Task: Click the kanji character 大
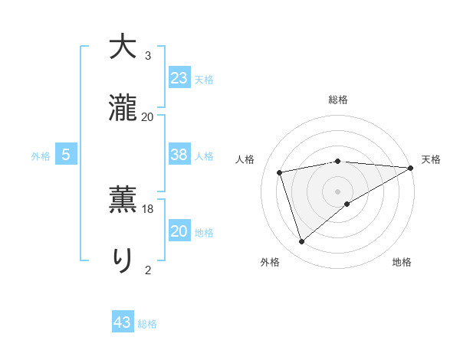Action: tap(123, 47)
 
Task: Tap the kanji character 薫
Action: tap(123, 198)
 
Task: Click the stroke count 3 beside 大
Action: tap(148, 57)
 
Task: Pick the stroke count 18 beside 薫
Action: tap(148, 208)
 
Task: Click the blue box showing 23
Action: tap(179, 77)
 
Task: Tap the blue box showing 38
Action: tap(179, 154)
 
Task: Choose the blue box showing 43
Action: tap(123, 322)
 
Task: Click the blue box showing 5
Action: tap(66, 155)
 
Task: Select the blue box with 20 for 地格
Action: tap(179, 231)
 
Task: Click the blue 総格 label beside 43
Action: tap(147, 324)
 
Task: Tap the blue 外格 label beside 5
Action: tap(41, 156)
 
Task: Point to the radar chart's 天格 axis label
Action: tap(431, 159)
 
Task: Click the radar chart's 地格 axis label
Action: tap(402, 263)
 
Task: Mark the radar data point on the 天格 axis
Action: tap(411, 168)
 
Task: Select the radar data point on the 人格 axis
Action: tap(280, 171)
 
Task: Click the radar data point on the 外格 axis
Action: tap(301, 242)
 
